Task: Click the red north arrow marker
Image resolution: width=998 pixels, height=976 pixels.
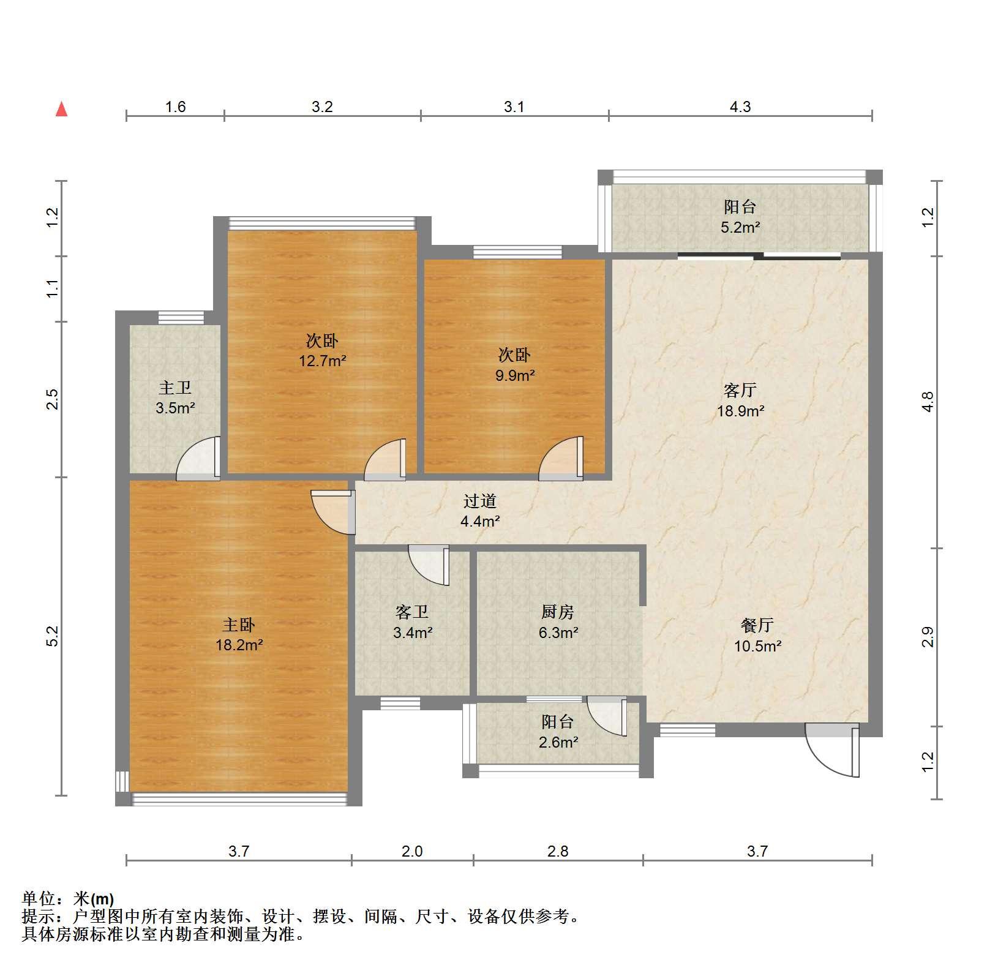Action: click(61, 109)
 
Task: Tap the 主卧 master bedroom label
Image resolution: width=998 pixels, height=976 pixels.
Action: click(238, 625)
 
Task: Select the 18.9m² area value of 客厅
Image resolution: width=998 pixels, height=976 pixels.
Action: click(740, 411)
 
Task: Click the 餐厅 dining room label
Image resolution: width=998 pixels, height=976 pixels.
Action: click(757, 625)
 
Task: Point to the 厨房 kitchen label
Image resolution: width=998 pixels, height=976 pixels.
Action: click(558, 611)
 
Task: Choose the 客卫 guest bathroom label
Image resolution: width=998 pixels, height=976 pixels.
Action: click(412, 611)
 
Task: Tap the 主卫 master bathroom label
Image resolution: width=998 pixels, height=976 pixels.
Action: click(175, 387)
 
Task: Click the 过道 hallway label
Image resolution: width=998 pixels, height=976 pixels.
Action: click(479, 501)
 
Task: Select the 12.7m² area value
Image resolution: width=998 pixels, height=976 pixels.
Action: click(322, 361)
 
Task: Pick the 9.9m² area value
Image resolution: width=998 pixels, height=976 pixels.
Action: click(515, 375)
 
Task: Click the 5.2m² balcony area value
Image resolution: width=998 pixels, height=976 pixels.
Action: click(740, 228)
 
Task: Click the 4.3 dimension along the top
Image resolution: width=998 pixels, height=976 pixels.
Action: click(740, 107)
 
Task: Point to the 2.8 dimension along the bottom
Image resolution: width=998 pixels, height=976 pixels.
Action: click(558, 851)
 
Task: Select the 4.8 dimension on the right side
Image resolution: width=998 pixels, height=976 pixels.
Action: click(928, 402)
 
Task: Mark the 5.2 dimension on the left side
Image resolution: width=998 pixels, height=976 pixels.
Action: click(54, 636)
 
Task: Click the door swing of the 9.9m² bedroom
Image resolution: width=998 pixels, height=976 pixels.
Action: click(561, 458)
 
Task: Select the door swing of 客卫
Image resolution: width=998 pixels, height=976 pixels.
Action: click(429, 565)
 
